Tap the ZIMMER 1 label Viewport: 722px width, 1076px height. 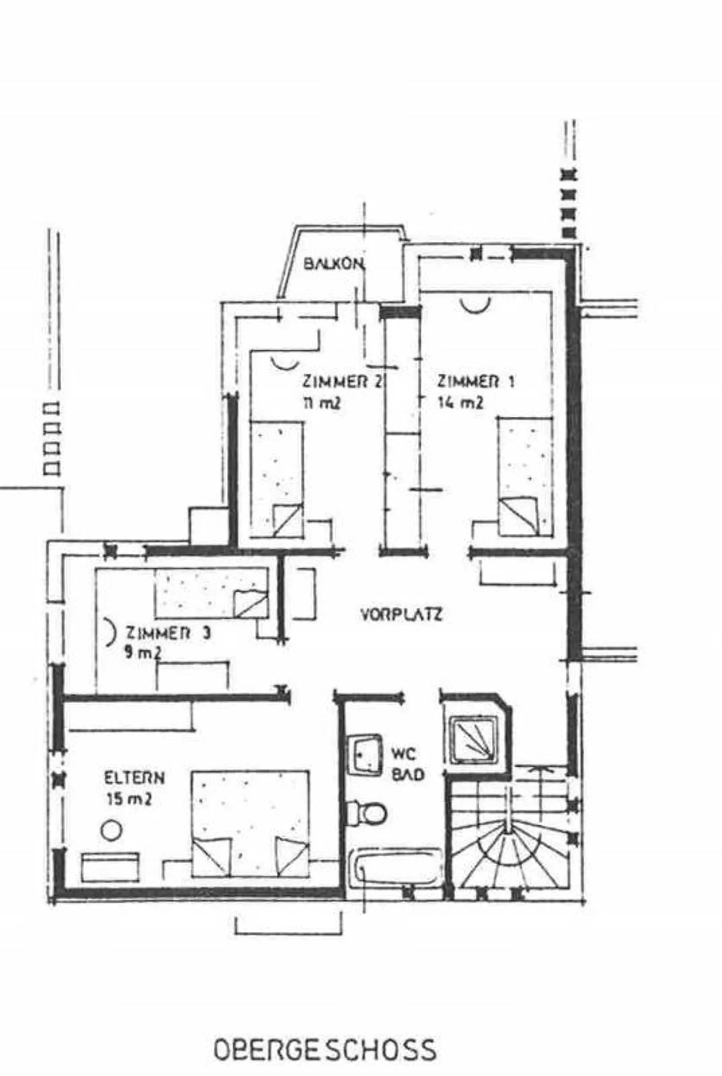[475, 382]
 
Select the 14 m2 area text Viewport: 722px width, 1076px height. [461, 402]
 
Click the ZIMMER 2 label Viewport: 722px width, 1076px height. [342, 382]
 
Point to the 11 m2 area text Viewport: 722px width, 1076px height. [321, 402]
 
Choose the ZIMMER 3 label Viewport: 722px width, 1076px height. [168, 633]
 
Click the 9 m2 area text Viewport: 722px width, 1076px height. [143, 653]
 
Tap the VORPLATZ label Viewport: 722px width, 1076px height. [402, 614]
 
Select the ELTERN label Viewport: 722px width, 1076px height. [134, 778]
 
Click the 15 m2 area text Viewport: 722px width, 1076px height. [129, 799]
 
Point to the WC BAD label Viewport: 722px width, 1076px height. [408, 764]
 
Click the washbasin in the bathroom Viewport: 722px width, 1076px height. [365, 754]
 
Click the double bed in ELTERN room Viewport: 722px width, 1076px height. [250, 824]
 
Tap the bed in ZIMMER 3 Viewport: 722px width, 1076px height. [211, 593]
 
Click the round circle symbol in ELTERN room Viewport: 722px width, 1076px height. [111, 830]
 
